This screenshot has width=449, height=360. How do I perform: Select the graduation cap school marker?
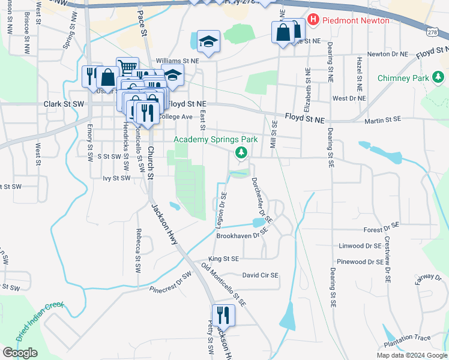[208, 41]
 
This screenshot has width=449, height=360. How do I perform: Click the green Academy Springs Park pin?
[241, 153]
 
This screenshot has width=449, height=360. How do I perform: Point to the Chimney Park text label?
[403, 78]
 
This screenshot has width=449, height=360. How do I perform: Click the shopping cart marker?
[127, 67]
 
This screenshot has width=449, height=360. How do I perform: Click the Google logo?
[20, 352]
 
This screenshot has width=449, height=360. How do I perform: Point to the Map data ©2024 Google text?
[412, 355]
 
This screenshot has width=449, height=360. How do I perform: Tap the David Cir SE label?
[261, 275]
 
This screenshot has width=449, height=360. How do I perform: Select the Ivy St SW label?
[116, 178]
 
